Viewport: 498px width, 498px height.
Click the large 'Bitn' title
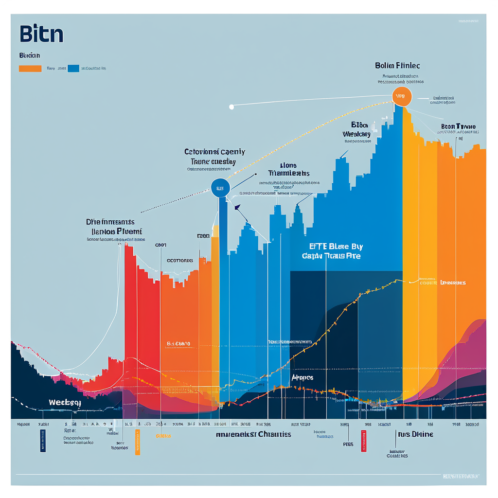click(41, 35)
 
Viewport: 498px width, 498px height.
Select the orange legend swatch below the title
click(30, 69)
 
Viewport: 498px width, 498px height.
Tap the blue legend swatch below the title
click(74, 69)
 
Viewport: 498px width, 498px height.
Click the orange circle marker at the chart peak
click(402, 96)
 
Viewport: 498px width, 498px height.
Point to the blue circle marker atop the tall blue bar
click(220, 188)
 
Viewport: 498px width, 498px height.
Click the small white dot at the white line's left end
click(231, 107)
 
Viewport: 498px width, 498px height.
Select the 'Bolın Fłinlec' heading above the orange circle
click(397, 65)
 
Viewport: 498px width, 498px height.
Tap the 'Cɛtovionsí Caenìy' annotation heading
click(214, 152)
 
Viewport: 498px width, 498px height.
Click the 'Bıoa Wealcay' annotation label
click(357, 129)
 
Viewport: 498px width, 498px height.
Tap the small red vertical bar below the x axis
click(363, 441)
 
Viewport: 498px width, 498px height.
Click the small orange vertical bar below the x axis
click(138, 442)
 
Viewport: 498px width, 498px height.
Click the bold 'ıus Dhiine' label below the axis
click(415, 434)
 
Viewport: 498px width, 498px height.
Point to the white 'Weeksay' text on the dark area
click(65, 403)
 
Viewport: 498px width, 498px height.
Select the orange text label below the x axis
click(163, 436)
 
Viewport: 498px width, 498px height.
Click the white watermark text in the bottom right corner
click(461, 476)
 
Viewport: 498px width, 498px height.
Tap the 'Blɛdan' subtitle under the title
click(30, 55)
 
